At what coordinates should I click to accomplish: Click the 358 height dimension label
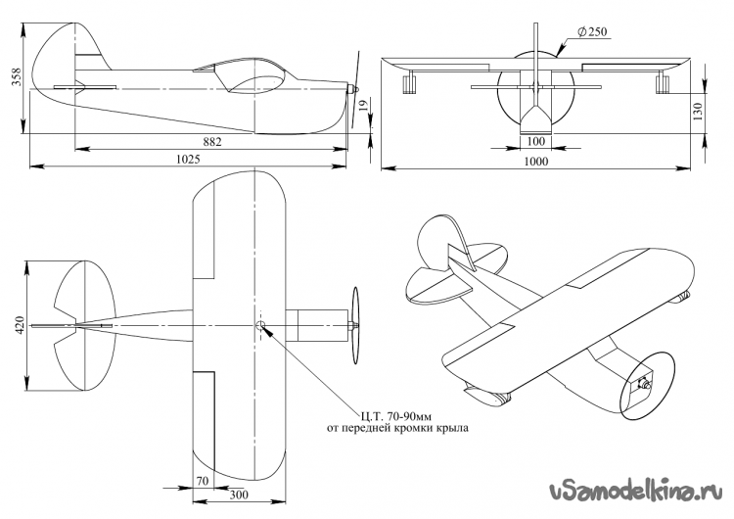click(x=17, y=76)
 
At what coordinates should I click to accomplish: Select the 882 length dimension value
click(x=212, y=141)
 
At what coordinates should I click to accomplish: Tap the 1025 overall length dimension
click(x=188, y=160)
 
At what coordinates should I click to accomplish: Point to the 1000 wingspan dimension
click(x=536, y=162)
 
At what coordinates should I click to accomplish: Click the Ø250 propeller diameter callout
click(x=592, y=32)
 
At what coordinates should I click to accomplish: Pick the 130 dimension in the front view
click(x=698, y=112)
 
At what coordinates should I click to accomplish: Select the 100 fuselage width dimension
click(x=536, y=141)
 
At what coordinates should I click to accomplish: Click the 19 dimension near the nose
click(x=364, y=105)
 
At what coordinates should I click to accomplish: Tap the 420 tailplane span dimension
click(x=20, y=325)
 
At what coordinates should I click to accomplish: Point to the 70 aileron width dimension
click(x=203, y=481)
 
